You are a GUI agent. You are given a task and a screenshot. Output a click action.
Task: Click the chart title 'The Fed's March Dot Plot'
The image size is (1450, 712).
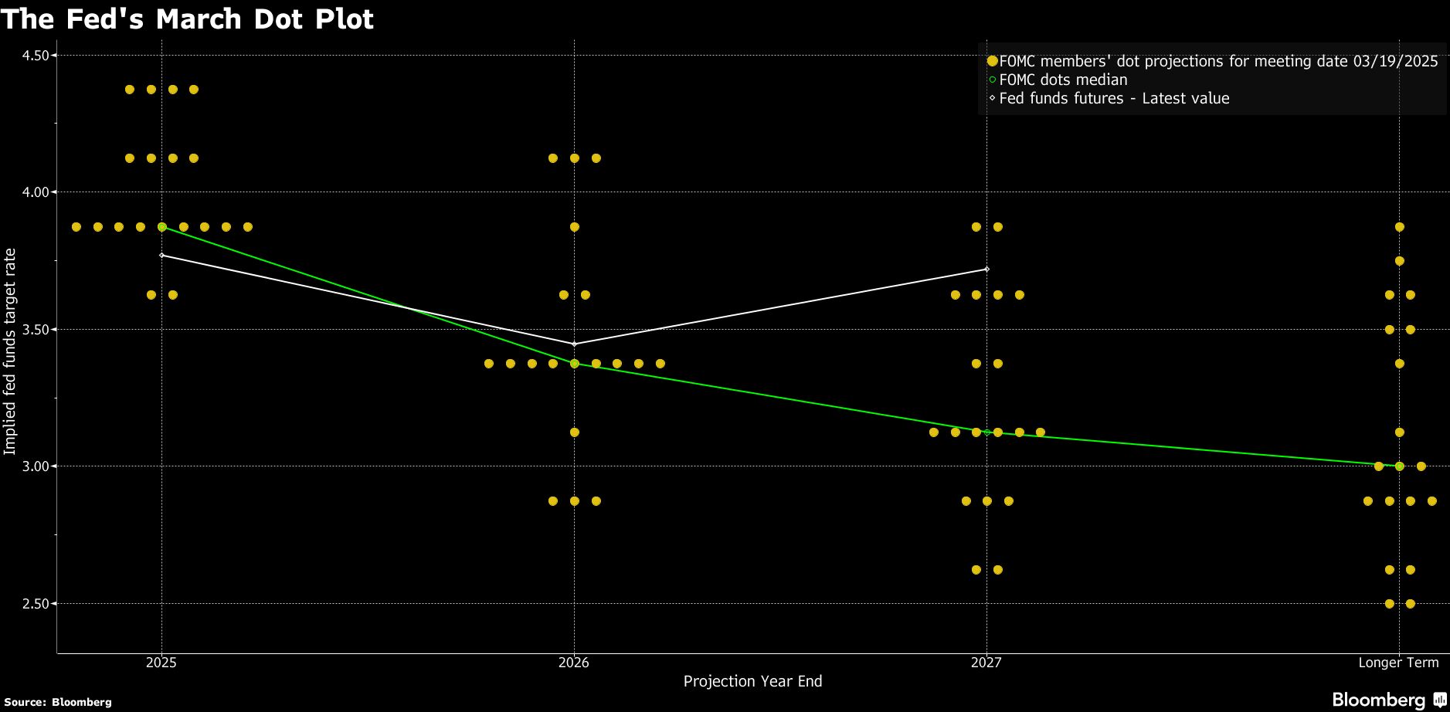pyautogui.click(x=187, y=19)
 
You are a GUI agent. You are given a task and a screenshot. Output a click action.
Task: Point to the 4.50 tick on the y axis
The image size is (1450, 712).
pyautogui.click(x=35, y=56)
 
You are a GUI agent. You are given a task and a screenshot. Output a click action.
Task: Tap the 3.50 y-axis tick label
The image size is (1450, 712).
pyautogui.click(x=35, y=330)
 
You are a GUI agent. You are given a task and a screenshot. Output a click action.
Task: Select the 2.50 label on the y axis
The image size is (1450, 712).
pyautogui.click(x=35, y=604)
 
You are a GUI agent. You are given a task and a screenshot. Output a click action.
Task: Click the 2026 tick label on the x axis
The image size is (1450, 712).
pyautogui.click(x=574, y=663)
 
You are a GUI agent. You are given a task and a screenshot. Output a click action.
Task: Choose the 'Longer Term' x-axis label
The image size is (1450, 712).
pyautogui.click(x=1398, y=663)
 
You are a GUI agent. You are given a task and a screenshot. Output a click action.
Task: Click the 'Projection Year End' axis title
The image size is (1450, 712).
pyautogui.click(x=752, y=681)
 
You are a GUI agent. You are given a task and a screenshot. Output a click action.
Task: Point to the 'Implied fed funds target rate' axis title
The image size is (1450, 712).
pyautogui.click(x=10, y=351)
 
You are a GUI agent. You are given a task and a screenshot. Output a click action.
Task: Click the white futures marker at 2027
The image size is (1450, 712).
pyautogui.click(x=986, y=270)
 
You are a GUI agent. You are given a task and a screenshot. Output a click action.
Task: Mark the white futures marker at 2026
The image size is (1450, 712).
pyautogui.click(x=574, y=344)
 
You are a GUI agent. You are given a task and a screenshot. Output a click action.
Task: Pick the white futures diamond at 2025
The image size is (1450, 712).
pyautogui.click(x=161, y=255)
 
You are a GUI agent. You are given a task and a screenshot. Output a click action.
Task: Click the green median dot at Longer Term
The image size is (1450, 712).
pyautogui.click(x=1399, y=466)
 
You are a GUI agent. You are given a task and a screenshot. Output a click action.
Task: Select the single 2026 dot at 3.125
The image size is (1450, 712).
pyautogui.click(x=574, y=432)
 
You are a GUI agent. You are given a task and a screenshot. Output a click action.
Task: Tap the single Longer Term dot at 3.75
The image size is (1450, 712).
pyautogui.click(x=1399, y=261)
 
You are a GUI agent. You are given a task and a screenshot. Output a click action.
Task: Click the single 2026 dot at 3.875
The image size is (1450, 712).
pyautogui.click(x=574, y=227)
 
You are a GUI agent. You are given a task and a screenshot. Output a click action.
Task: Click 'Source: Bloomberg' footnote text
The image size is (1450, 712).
pyautogui.click(x=58, y=702)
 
